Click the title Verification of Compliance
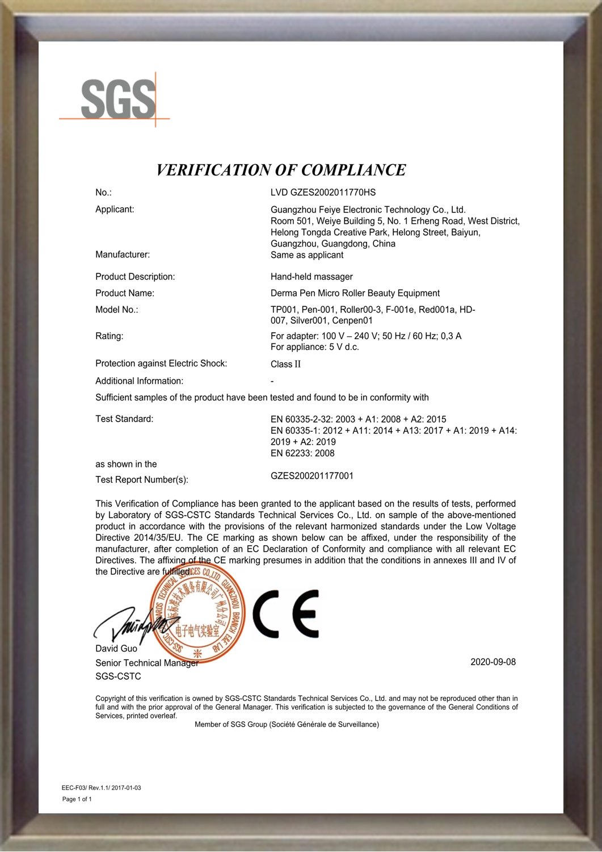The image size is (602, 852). tap(281, 170)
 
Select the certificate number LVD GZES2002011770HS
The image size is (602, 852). tap(323, 193)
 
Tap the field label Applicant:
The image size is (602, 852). tap(115, 209)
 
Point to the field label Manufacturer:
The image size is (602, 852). tap(123, 254)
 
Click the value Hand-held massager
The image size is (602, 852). tap(311, 277)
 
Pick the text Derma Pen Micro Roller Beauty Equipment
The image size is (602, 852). tap(355, 293)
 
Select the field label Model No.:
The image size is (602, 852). tap(117, 310)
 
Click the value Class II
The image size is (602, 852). tap(285, 364)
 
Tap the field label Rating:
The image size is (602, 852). tap(109, 336)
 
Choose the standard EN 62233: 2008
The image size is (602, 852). tap(302, 453)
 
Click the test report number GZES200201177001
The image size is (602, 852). tap(312, 476)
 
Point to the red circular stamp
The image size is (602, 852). tap(197, 614)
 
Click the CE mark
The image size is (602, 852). tap(285, 613)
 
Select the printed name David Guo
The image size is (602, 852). tap(116, 649)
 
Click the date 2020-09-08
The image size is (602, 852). tap(493, 662)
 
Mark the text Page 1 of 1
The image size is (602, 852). tap(77, 799)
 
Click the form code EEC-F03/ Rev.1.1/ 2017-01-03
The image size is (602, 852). tap(101, 788)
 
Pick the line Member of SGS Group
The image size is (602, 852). tap(287, 725)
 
